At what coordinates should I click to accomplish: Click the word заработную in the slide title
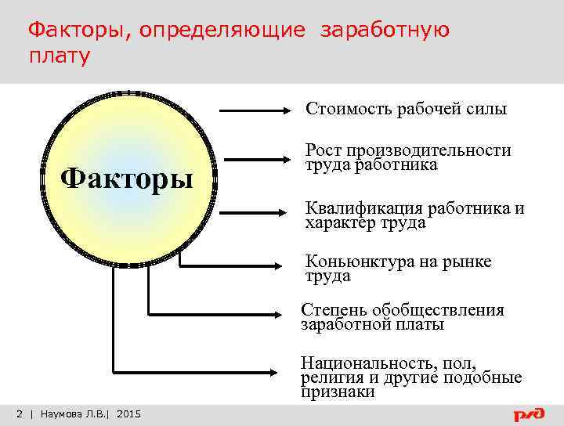coord(384,31)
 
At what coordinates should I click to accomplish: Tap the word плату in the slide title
coord(60,56)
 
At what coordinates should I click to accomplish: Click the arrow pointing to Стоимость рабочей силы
coord(255,112)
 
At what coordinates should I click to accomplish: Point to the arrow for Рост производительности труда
coord(255,161)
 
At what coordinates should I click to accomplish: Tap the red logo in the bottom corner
coord(530,413)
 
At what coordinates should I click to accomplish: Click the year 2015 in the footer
coord(128,413)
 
